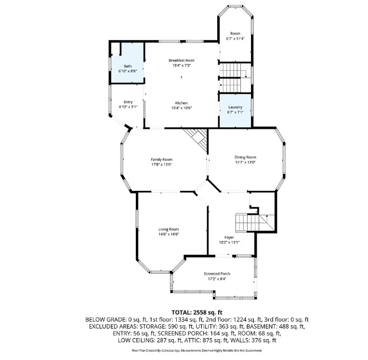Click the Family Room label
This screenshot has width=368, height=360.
(x=161, y=160)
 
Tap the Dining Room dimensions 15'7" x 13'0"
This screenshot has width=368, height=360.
(x=245, y=162)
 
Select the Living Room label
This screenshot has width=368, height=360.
(x=169, y=229)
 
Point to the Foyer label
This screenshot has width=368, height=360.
(x=229, y=238)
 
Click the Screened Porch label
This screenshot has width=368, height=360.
(x=217, y=274)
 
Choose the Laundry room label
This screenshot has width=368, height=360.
(x=235, y=107)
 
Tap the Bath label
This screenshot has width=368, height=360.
(x=128, y=66)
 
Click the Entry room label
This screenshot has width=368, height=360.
(x=128, y=102)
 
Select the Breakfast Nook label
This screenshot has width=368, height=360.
(x=182, y=60)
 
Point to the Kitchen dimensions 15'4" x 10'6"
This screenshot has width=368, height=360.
(x=182, y=108)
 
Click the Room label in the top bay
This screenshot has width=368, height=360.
(x=235, y=33)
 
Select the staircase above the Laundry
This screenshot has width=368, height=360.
(x=235, y=78)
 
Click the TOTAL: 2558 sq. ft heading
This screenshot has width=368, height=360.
(x=197, y=312)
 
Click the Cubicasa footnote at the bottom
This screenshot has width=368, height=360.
(x=197, y=351)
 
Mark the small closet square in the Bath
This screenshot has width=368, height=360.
(x=115, y=49)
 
